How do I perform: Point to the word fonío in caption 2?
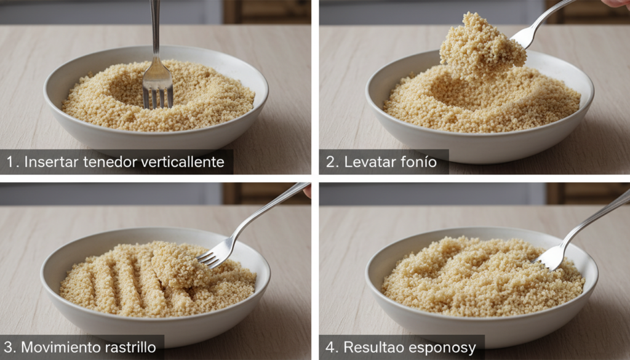click(418, 162)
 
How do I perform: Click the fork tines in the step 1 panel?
click(158, 98)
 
